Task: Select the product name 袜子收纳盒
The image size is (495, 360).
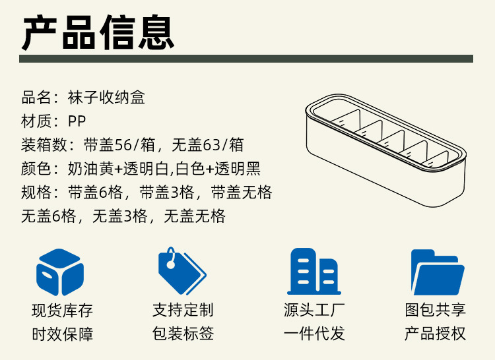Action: click(x=106, y=98)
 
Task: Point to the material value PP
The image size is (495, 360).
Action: click(x=77, y=121)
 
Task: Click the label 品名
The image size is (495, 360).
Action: click(x=36, y=98)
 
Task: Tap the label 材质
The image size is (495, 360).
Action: click(x=36, y=121)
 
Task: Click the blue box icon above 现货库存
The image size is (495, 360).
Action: click(x=60, y=272)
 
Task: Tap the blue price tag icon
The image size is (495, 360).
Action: click(x=181, y=271)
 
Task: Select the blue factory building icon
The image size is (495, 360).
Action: click(x=313, y=271)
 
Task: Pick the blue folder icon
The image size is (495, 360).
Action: click(x=436, y=271)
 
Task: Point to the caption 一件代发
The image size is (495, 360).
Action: click(x=314, y=334)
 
